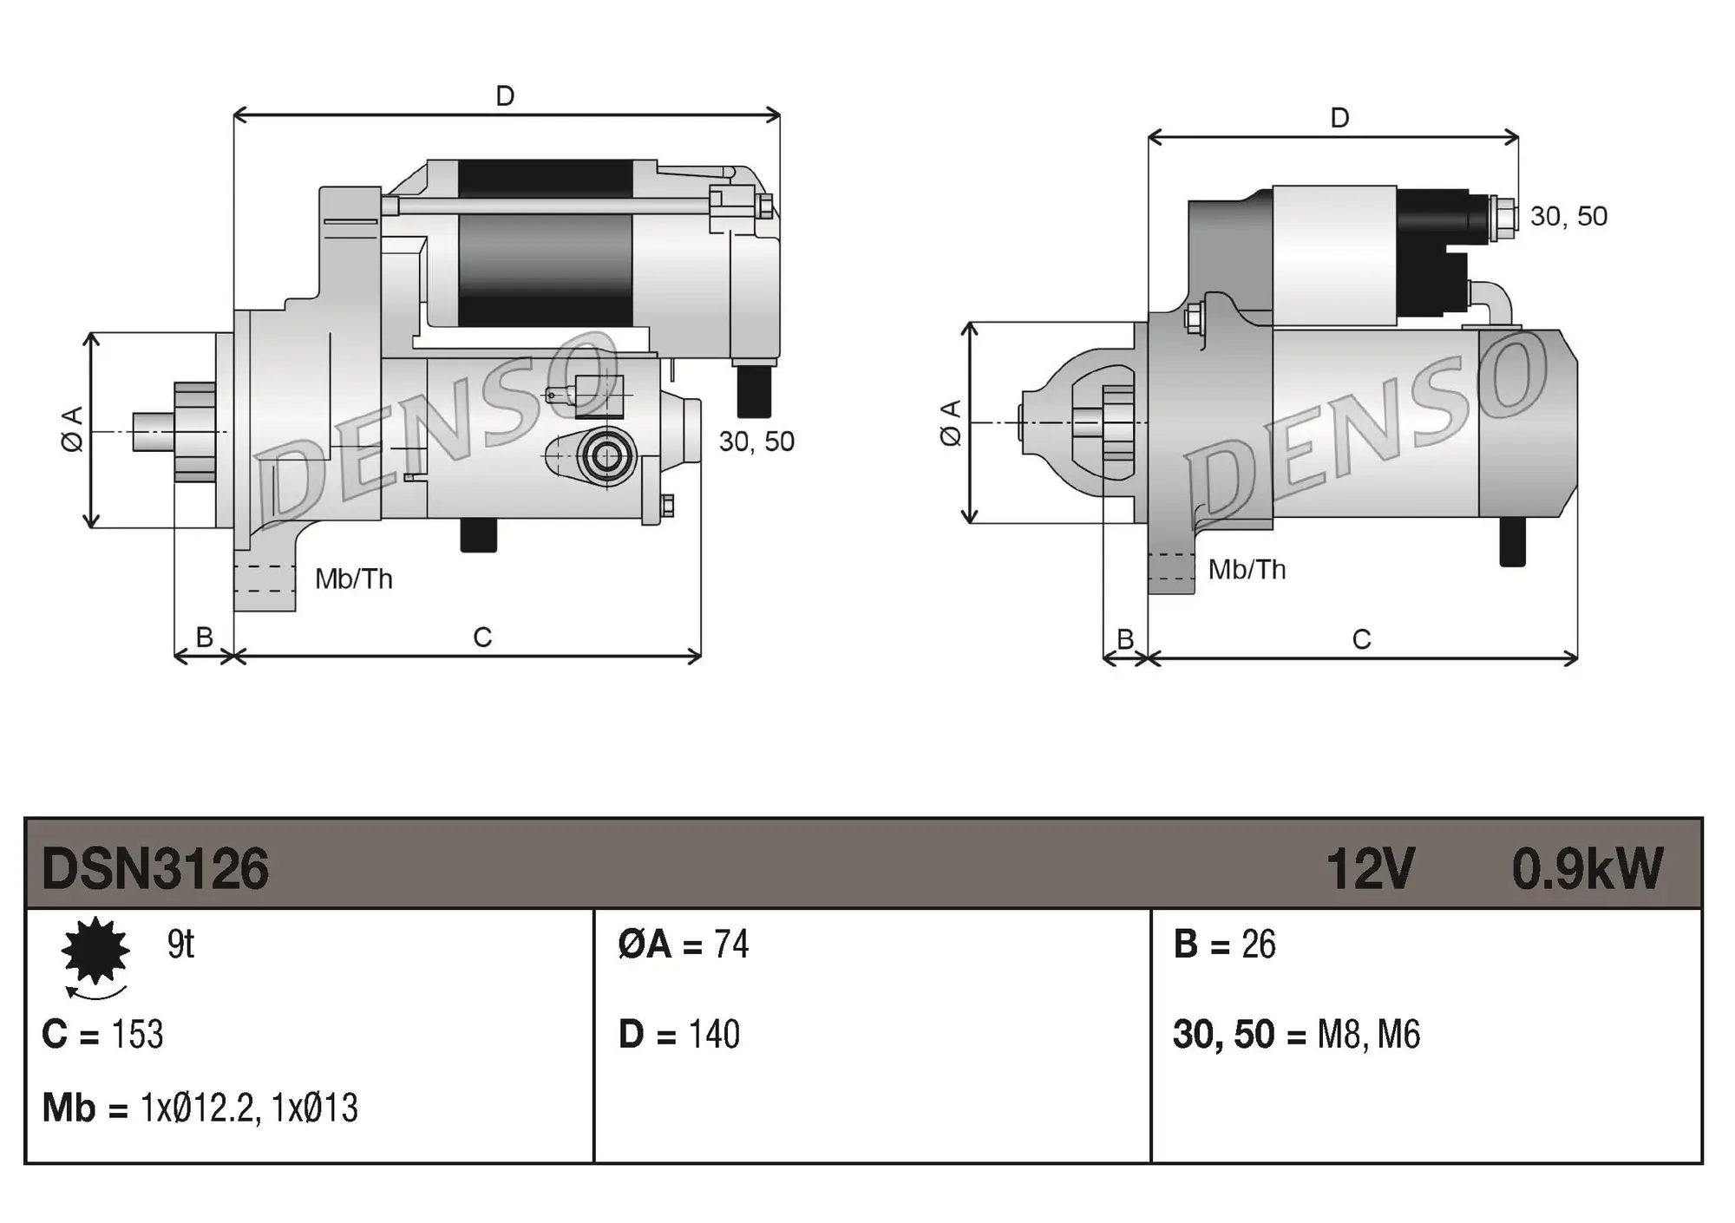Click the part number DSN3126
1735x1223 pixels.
tap(155, 869)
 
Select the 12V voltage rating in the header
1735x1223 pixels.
tap(1370, 869)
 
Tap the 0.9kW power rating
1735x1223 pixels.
tap(1587, 869)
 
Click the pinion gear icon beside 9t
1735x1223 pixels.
tap(95, 952)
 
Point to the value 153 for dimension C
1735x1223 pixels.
tap(138, 1035)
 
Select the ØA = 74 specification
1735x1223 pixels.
tap(684, 945)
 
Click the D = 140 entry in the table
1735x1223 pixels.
tap(679, 1035)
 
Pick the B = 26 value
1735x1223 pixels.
tap(1224, 945)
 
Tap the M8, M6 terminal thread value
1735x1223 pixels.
tap(1368, 1035)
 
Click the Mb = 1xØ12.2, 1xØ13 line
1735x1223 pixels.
tap(200, 1109)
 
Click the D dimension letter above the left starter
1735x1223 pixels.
tap(505, 96)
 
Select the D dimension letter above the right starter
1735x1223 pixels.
tap(1339, 118)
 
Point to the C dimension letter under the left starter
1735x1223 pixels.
tap(482, 638)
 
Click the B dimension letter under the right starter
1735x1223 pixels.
tap(1125, 639)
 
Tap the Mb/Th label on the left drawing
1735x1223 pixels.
tap(353, 579)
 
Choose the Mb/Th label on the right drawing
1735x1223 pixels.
tap(1247, 570)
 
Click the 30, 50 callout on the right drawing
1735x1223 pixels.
tap(1568, 216)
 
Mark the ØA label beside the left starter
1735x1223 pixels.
tap(73, 429)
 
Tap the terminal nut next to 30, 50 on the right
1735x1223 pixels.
tap(1502, 218)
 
